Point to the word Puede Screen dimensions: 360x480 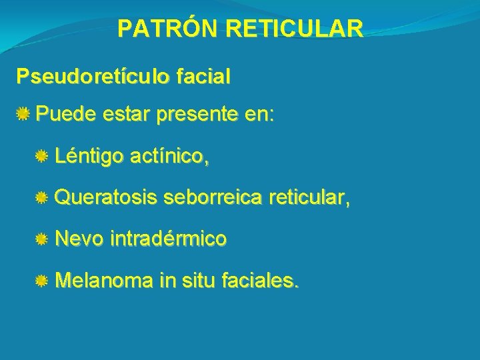point(65,115)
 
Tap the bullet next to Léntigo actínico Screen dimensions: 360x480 point(42,157)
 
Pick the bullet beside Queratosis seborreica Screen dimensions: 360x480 point(42,198)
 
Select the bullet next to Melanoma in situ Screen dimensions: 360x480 point(42,283)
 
